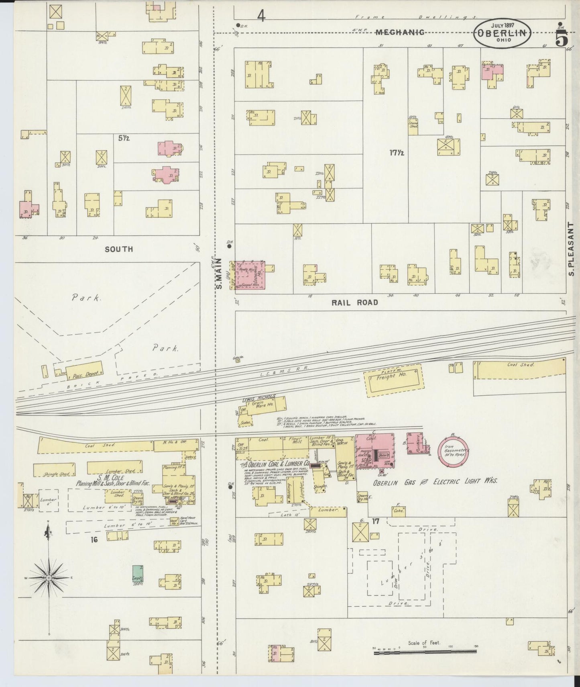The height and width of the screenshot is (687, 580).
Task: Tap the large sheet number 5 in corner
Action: (x=561, y=39)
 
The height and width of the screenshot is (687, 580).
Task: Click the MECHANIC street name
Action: (x=400, y=33)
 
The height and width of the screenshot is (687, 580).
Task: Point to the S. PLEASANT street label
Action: (x=571, y=249)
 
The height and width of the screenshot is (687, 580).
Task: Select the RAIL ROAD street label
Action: (x=354, y=303)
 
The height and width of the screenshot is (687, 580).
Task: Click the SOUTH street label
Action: (x=119, y=249)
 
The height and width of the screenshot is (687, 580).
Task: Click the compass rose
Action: (x=49, y=578)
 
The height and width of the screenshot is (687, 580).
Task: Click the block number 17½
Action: (x=397, y=153)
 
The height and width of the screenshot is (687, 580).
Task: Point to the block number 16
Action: (x=94, y=540)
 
